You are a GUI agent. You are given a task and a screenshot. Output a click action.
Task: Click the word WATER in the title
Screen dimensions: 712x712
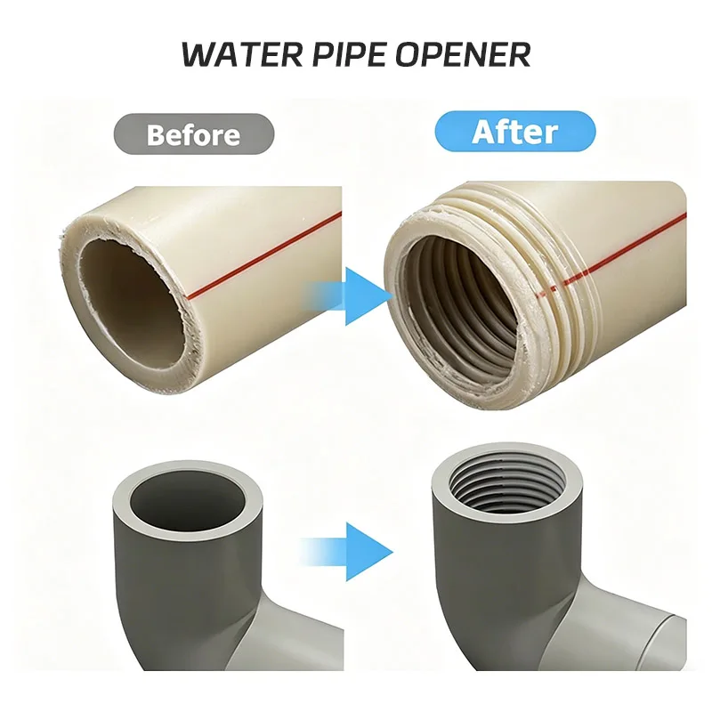pyautogui.click(x=240, y=54)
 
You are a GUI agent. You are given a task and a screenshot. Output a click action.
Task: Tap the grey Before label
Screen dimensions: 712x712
pyautogui.click(x=194, y=134)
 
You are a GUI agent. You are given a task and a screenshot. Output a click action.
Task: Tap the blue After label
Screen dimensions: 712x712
pyautogui.click(x=515, y=131)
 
